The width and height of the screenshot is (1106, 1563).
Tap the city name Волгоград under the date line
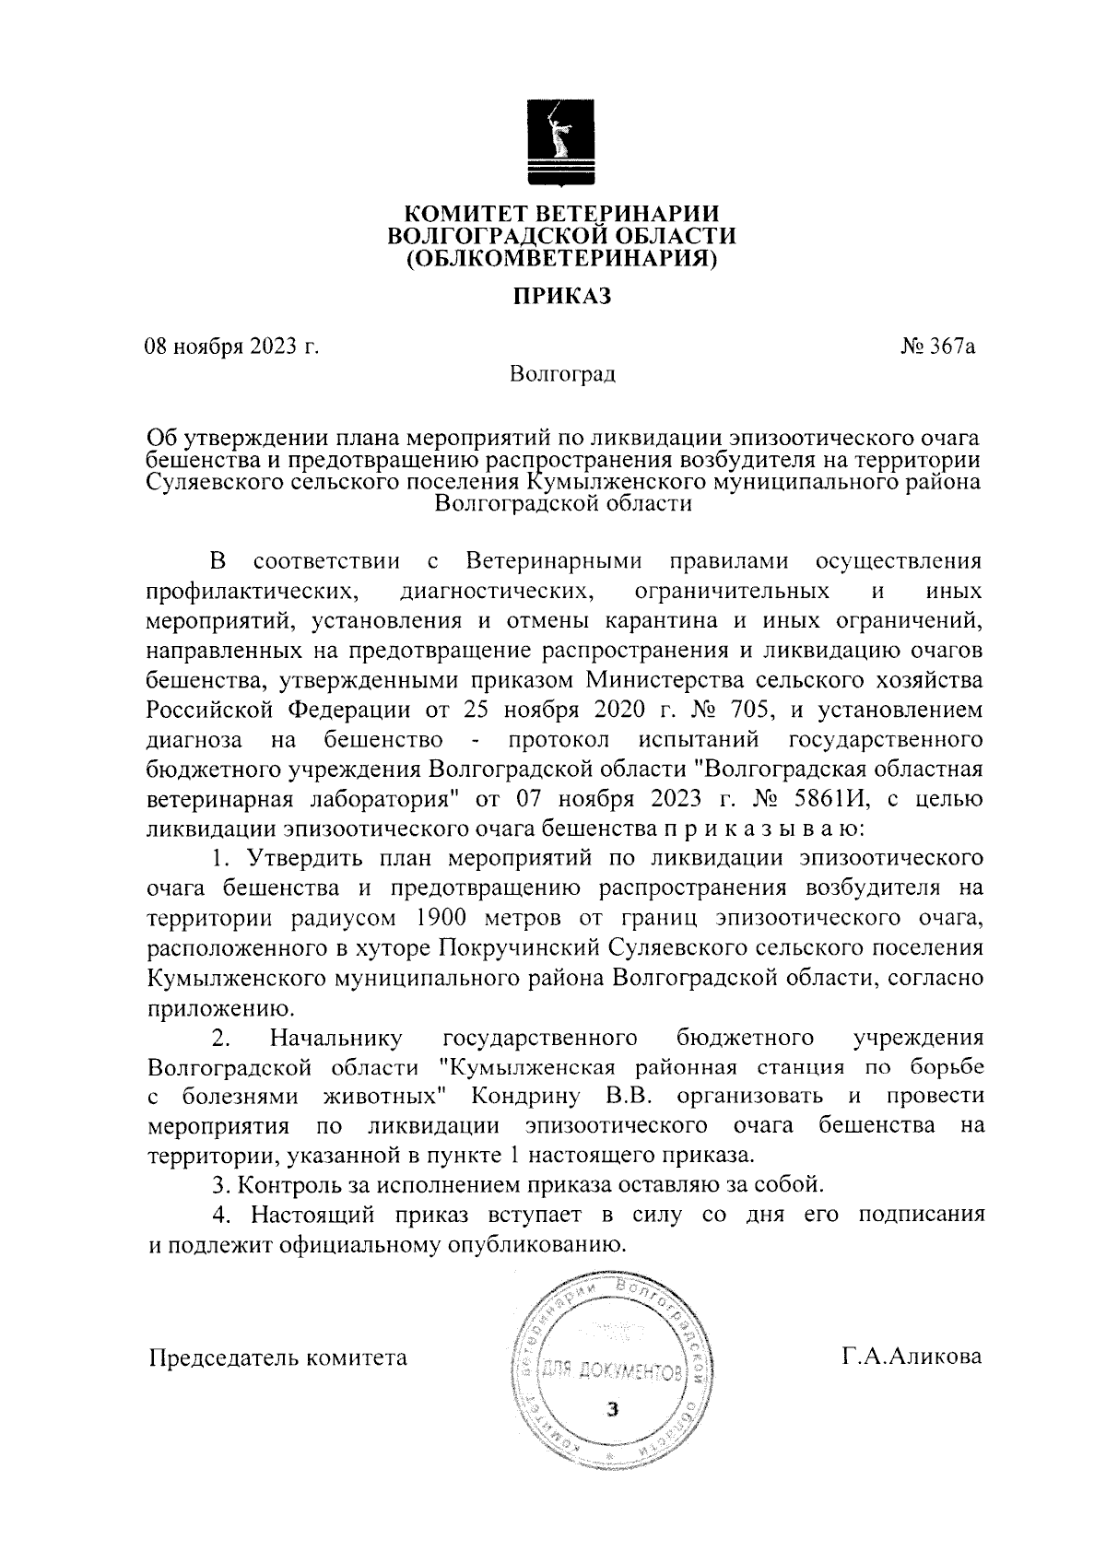pos(561,375)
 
